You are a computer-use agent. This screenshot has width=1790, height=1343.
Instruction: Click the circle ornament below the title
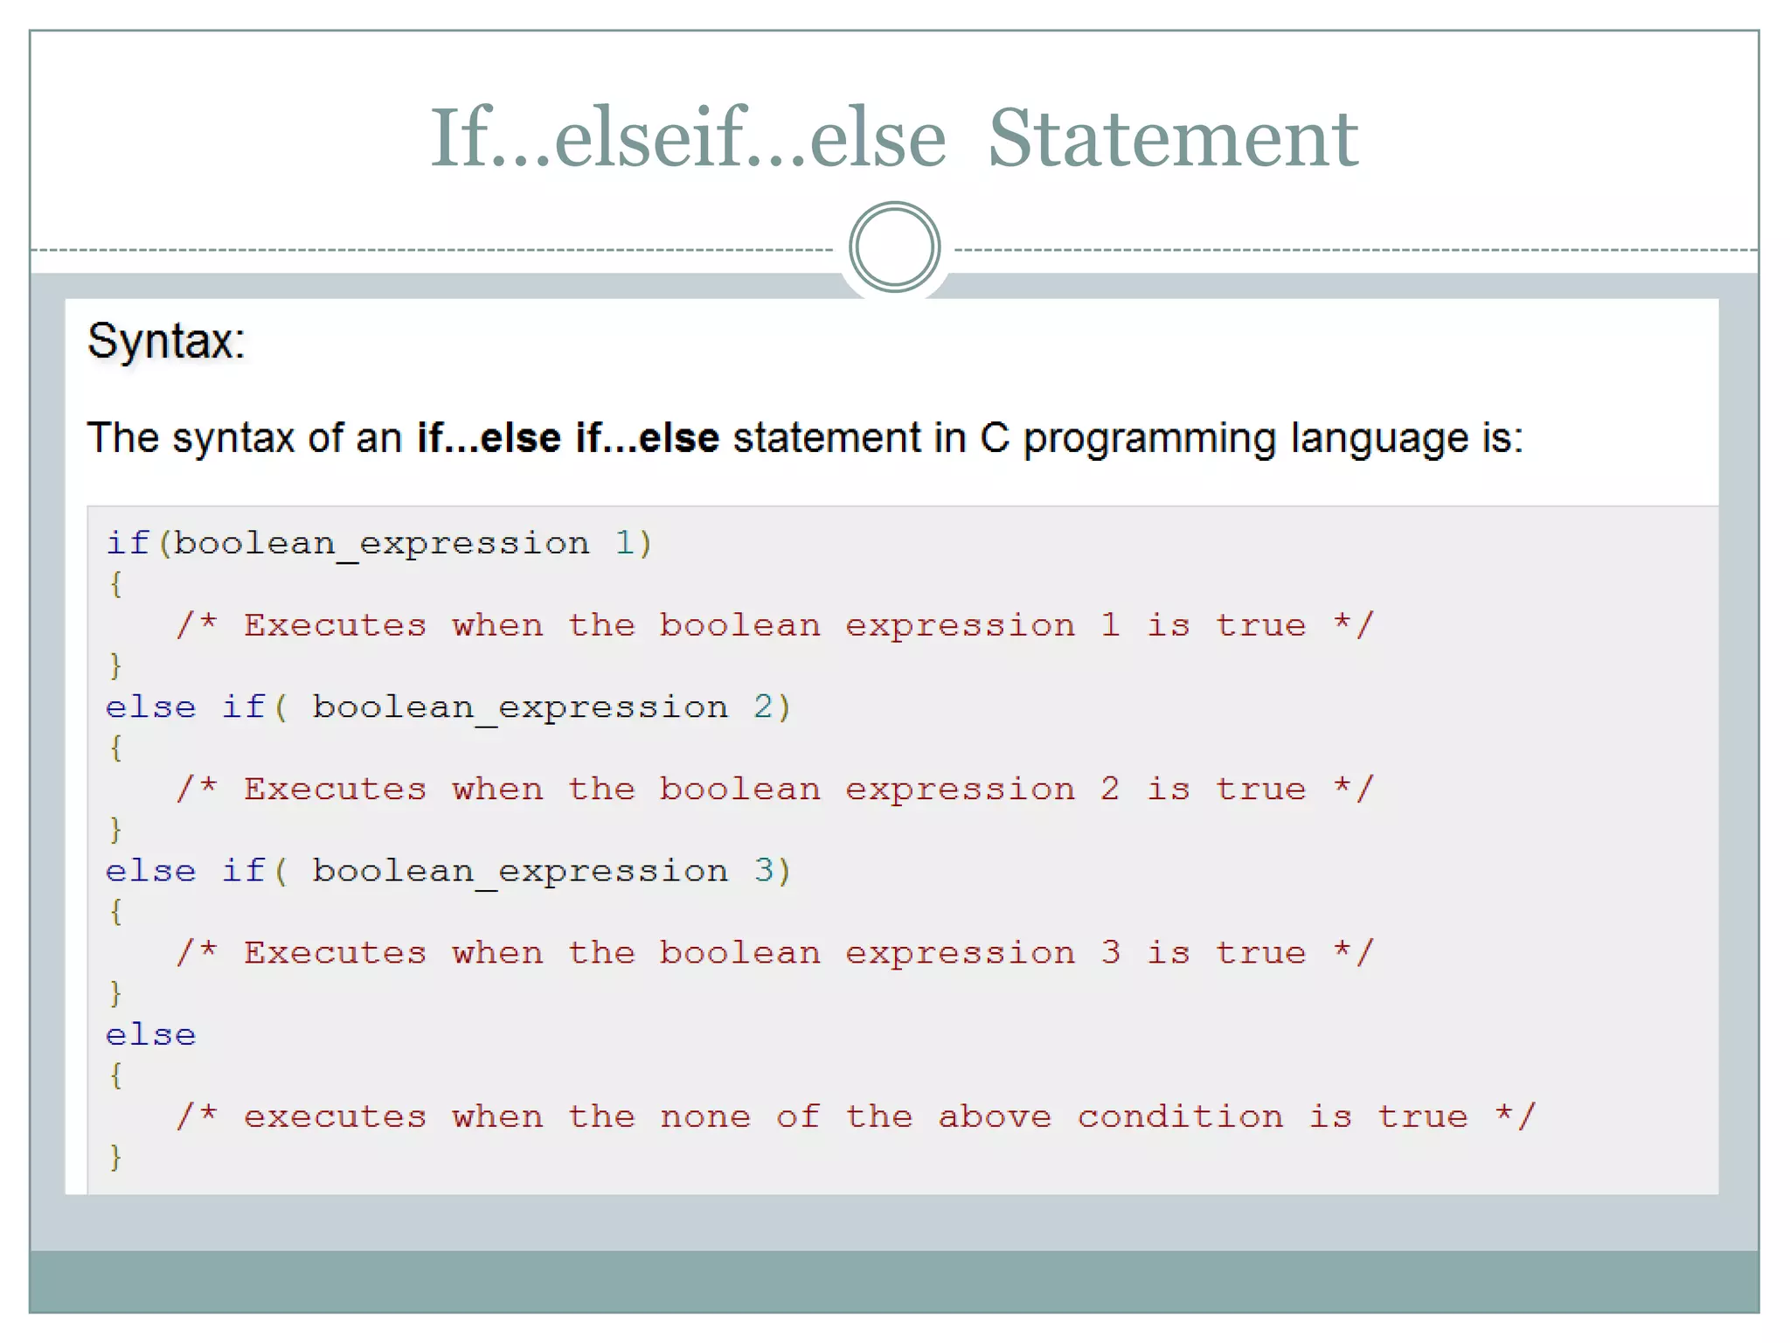[x=894, y=247]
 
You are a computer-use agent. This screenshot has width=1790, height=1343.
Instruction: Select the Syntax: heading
[x=166, y=341]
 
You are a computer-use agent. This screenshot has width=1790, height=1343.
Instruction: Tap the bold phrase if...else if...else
[x=568, y=438]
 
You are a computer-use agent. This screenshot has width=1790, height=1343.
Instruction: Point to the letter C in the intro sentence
[x=994, y=438]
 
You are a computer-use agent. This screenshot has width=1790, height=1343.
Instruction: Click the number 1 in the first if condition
[x=624, y=543]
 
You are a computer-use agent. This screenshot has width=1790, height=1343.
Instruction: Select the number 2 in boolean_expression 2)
[x=763, y=706]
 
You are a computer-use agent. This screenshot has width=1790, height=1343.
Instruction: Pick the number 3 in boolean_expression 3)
[x=763, y=871]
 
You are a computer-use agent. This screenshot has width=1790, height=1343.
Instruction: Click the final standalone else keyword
[x=150, y=1035]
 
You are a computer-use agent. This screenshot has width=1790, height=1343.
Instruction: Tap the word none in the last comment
[x=704, y=1117]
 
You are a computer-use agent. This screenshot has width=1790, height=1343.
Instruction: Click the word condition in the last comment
[x=1180, y=1117]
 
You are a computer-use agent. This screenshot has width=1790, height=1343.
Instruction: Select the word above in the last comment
[x=995, y=1117]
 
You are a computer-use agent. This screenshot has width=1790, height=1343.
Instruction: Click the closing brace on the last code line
[x=115, y=1157]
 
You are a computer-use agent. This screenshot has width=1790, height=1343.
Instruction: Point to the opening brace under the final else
[x=115, y=1075]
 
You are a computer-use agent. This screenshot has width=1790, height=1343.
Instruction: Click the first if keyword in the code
[x=128, y=543]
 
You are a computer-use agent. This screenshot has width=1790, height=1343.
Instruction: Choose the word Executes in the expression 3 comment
[x=335, y=953]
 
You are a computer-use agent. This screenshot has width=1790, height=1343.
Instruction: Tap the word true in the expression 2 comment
[x=1260, y=789]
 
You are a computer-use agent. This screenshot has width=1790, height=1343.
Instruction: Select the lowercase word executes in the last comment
[x=335, y=1117]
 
